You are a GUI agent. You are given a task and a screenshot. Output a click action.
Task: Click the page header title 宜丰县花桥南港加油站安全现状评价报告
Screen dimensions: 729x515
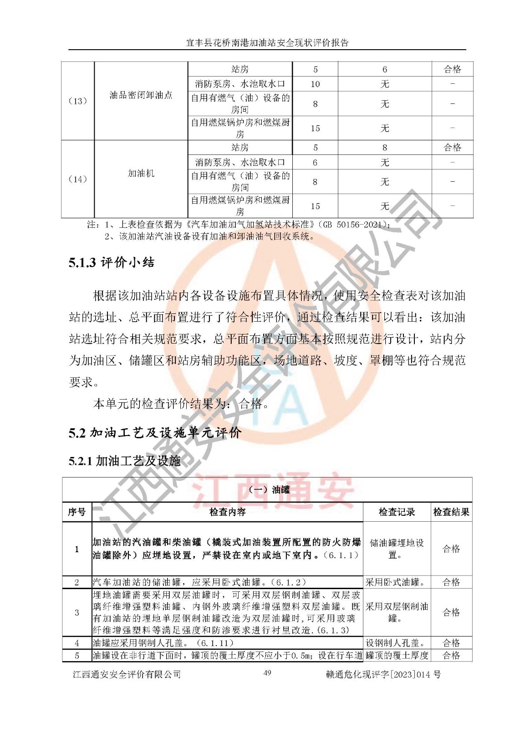267,43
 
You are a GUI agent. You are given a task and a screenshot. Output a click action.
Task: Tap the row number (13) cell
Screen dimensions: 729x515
77,101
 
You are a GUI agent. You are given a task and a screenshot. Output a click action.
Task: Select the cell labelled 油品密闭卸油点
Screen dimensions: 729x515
141,95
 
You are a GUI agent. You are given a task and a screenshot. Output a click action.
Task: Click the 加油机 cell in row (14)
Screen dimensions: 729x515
141,174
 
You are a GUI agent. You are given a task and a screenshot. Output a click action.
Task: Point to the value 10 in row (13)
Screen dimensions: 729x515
315,84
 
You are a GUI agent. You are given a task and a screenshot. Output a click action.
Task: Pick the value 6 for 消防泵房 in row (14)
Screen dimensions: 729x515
315,162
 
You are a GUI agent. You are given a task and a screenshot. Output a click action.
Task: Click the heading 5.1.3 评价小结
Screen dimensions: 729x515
112,262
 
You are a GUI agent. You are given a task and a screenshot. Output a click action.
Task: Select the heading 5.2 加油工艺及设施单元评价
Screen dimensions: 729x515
155,432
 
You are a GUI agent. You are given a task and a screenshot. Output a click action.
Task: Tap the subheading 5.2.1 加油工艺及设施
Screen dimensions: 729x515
125,461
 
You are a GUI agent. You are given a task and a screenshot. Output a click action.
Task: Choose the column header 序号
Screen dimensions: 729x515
76,512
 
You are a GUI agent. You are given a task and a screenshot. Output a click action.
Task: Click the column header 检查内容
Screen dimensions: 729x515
227,512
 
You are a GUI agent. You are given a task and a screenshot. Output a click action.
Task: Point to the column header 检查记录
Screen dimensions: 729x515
397,512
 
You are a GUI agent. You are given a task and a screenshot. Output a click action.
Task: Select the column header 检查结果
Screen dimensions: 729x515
451,512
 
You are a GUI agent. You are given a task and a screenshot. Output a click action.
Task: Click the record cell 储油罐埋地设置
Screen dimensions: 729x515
397,549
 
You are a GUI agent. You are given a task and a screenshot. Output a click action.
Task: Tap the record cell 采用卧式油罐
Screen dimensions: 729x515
395,582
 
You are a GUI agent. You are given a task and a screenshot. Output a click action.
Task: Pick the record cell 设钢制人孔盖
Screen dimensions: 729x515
395,643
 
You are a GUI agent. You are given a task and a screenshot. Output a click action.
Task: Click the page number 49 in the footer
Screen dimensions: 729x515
267,673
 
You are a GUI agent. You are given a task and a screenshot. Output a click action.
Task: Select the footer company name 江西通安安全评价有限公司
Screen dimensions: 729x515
127,674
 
